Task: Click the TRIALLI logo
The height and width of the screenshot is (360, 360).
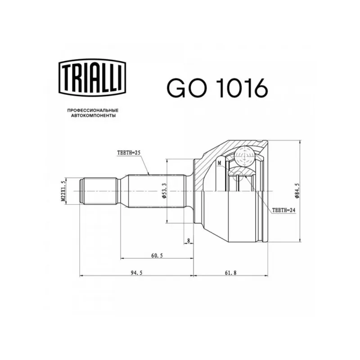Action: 93,77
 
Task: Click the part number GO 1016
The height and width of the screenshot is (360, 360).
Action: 217,87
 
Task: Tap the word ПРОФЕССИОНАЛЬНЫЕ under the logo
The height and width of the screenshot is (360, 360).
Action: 93,110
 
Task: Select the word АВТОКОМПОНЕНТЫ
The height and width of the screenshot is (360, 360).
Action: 93,116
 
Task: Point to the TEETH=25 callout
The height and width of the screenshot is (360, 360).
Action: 128,153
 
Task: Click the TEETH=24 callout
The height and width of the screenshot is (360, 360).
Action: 283,210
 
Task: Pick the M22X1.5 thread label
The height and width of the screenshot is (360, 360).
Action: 63,191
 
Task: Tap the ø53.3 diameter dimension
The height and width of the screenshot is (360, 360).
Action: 164,191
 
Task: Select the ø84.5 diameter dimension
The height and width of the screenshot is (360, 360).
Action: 297,191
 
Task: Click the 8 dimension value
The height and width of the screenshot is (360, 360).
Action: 189,241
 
